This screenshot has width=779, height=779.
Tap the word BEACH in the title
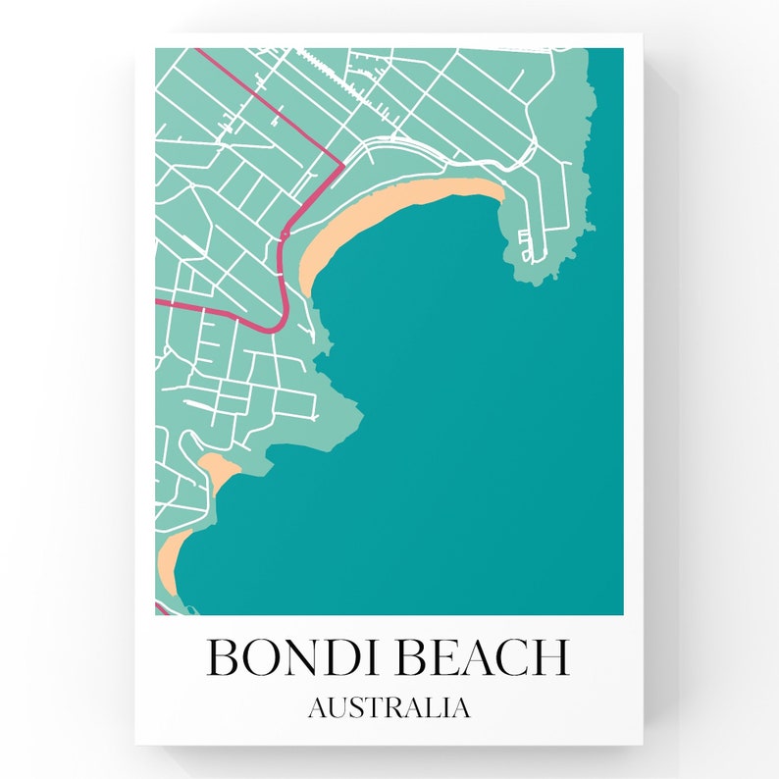tap(482, 656)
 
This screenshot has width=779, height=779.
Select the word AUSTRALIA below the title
tap(389, 707)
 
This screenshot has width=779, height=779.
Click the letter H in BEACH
tap(550, 656)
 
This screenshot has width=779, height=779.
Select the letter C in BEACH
tap(510, 656)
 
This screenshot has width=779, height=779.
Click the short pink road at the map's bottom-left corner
tap(160, 609)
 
